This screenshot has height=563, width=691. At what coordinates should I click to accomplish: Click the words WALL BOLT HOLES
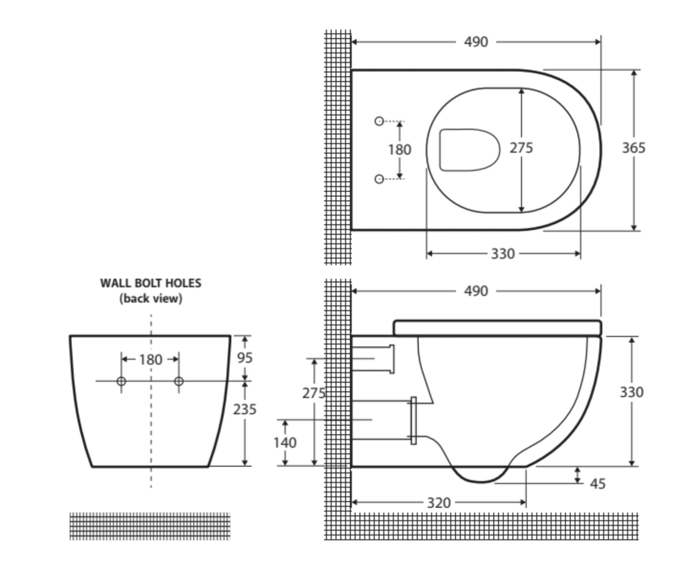click(x=151, y=283)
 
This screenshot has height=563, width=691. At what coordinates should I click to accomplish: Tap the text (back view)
click(x=151, y=299)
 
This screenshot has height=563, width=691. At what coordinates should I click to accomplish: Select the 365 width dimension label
click(x=634, y=148)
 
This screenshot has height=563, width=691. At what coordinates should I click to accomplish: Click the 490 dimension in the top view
click(x=476, y=42)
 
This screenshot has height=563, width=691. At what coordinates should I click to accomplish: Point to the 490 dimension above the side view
click(x=476, y=291)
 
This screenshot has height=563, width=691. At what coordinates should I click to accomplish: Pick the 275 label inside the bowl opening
click(x=521, y=148)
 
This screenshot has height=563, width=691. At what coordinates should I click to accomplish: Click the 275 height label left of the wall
click(x=314, y=393)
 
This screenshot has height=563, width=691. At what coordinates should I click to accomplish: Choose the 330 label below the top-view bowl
click(x=503, y=254)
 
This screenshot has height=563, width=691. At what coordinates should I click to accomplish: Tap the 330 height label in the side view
click(x=632, y=392)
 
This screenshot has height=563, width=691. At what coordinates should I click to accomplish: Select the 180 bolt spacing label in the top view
click(x=400, y=150)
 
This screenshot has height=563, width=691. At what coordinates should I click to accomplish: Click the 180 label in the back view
click(x=151, y=360)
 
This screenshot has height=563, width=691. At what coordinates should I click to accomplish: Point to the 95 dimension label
click(x=245, y=358)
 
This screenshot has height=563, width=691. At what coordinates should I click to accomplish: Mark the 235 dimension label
click(x=245, y=409)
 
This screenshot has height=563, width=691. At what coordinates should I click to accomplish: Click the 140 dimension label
click(x=285, y=443)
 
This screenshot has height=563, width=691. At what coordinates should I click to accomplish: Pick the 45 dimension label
click(x=598, y=484)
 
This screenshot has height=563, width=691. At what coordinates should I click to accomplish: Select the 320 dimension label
click(x=439, y=503)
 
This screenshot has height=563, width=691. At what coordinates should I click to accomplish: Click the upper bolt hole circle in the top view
click(x=379, y=121)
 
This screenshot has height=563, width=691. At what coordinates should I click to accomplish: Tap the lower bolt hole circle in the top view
click(x=379, y=179)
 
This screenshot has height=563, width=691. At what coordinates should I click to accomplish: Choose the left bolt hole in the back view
click(x=121, y=382)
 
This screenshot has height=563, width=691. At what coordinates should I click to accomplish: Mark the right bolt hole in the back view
click(x=179, y=382)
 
